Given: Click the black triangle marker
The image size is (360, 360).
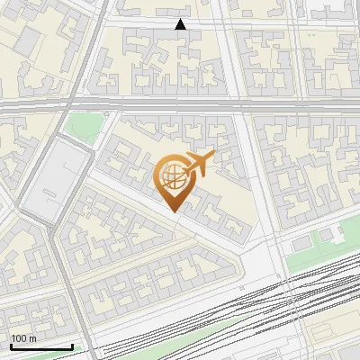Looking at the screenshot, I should (x=181, y=24).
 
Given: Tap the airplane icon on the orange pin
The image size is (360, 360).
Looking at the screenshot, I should (x=198, y=163).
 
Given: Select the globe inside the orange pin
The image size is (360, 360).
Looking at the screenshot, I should (x=173, y=176).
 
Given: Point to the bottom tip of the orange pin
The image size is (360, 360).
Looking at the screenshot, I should (x=173, y=211).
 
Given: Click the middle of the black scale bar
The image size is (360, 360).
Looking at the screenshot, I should (x=41, y=346).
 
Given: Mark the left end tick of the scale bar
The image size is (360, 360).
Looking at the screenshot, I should (x=11, y=346).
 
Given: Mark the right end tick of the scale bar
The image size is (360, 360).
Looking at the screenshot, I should (x=72, y=346).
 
